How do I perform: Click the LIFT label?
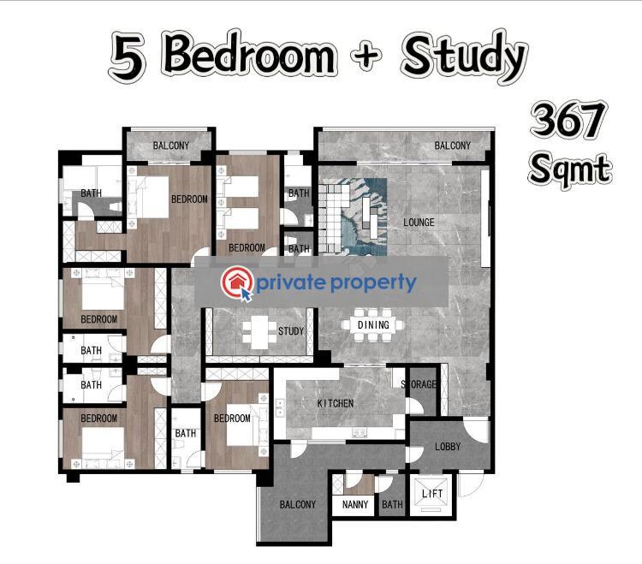(x=432, y=494)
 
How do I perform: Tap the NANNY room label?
(x=355, y=504)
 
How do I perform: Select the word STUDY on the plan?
(x=291, y=330)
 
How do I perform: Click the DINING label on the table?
(x=373, y=325)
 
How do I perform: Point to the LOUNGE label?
(x=419, y=223)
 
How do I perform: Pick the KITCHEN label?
(x=336, y=403)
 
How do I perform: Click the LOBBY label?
(x=448, y=447)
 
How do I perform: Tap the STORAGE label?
(x=419, y=384)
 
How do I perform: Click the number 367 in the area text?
(x=568, y=121)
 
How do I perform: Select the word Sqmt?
(x=570, y=169)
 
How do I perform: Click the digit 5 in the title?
(x=128, y=57)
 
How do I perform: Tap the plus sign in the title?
(x=366, y=56)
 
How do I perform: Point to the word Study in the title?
(x=464, y=57)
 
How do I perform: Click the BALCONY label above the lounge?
(x=453, y=145)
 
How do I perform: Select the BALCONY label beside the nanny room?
(x=298, y=504)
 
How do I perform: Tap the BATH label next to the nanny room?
(x=392, y=504)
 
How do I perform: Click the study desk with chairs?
(x=259, y=332)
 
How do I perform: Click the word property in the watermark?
(x=373, y=283)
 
